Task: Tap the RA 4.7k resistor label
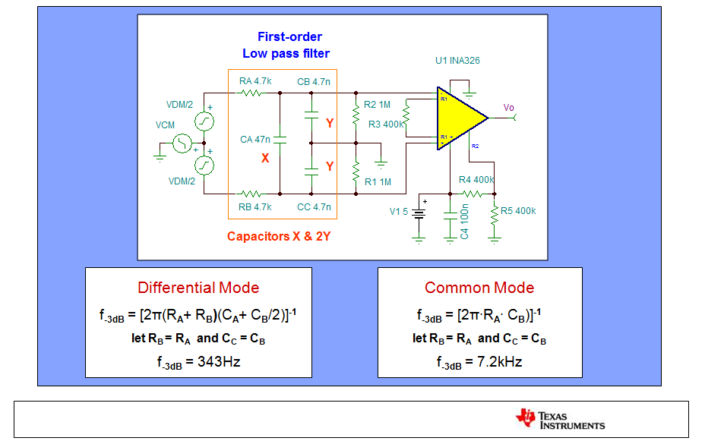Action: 255,81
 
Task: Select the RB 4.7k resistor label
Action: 255,207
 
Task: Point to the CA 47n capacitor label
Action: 255,139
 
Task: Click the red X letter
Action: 265,158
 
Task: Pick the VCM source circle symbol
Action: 182,143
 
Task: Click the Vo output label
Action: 508,107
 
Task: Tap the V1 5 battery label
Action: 398,212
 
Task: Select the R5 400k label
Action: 518,210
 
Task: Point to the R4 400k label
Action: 476,180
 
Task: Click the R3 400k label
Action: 386,124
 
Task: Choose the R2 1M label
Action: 377,105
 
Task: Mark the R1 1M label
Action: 378,182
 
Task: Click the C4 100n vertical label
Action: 464,222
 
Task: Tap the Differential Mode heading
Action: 198,288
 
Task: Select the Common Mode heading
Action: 479,288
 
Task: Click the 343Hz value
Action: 219,361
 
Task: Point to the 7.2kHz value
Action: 500,361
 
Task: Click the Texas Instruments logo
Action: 560,420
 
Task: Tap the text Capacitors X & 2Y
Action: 279,236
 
